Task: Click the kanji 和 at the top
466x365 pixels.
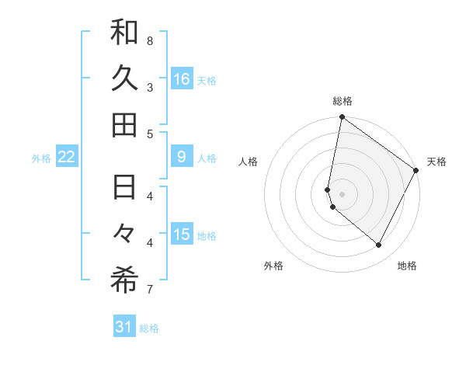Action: pos(124,33)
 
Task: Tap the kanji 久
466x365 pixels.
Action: pos(124,78)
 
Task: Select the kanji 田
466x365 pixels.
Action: pos(124,124)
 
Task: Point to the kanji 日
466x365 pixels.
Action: pos(124,187)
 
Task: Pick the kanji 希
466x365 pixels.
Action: pos(124,281)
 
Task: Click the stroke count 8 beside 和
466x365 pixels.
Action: pos(150,40)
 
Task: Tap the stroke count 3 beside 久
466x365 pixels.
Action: pos(150,87)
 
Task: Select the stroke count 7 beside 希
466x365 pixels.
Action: pos(150,290)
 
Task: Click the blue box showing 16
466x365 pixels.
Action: pos(182,78)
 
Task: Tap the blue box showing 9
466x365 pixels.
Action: pos(182,157)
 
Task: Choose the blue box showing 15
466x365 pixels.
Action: pos(182,235)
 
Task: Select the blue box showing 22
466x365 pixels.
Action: pos(66,157)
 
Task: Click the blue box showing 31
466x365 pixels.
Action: pos(124,327)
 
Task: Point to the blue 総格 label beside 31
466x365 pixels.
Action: pos(149,328)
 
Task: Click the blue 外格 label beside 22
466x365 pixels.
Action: pos(41,158)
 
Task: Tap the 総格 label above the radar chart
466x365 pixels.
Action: pos(342,101)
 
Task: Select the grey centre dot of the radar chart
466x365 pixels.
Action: pos(342,193)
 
